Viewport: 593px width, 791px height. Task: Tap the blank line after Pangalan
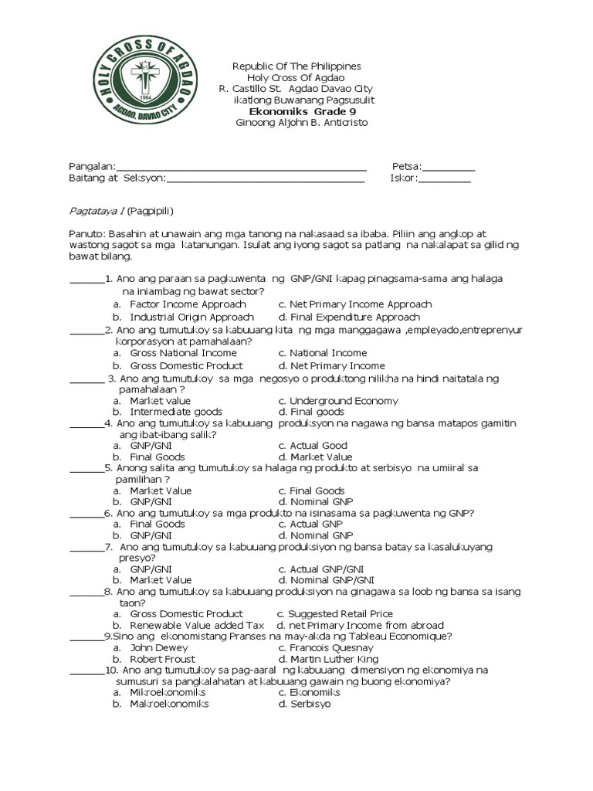pyautogui.click(x=241, y=168)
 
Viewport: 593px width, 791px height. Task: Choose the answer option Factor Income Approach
pyautogui.click(x=177, y=304)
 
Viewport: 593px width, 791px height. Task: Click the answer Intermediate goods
pyautogui.click(x=176, y=412)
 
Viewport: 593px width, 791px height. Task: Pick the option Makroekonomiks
pyautogui.click(x=169, y=704)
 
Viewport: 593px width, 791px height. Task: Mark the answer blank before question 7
pyautogui.click(x=86, y=548)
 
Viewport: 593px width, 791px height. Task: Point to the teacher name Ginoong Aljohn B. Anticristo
pyautogui.click(x=302, y=123)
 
